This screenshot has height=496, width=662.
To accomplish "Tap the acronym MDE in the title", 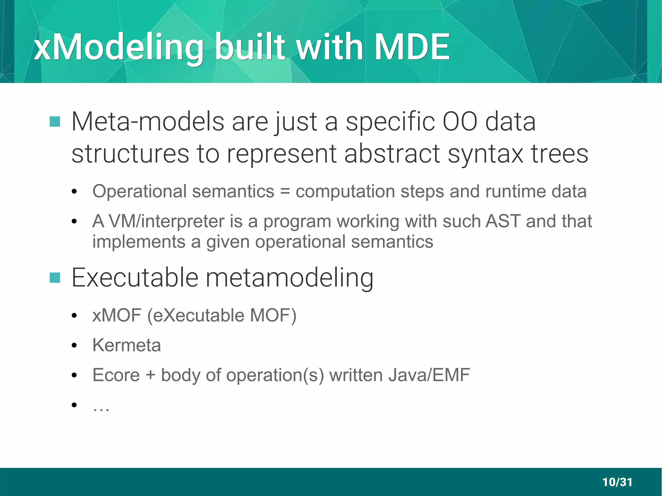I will (x=411, y=47).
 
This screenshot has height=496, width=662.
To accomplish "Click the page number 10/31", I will (x=617, y=482).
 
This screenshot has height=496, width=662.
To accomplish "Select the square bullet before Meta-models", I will (x=55, y=122).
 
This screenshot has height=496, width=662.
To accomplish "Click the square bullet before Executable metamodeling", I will (x=55, y=278).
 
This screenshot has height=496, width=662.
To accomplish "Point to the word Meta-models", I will (x=147, y=122).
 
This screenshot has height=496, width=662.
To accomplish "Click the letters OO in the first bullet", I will (x=460, y=122).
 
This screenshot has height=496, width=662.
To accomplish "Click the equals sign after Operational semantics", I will (x=285, y=191).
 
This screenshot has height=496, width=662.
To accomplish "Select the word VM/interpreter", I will (x=166, y=222).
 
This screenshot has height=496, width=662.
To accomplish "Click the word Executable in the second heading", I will (x=135, y=278).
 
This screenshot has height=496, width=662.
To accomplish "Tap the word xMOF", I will (x=117, y=315).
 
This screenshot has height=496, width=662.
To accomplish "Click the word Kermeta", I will (x=126, y=345).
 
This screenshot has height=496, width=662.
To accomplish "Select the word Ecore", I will (x=116, y=375).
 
